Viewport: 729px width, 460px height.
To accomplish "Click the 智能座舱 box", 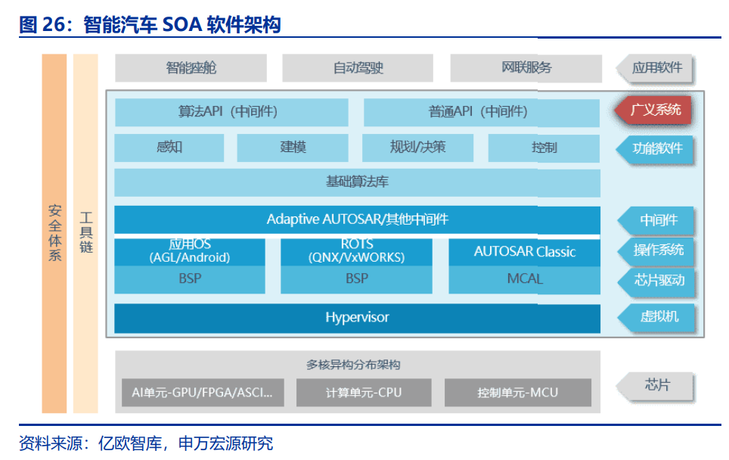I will click(x=191, y=68).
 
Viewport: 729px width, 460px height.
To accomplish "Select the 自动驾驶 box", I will click(x=358, y=68).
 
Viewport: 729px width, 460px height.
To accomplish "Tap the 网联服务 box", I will click(x=526, y=68).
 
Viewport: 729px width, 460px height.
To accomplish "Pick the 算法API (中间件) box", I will click(x=231, y=112).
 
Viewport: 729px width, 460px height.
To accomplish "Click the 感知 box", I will click(x=169, y=148).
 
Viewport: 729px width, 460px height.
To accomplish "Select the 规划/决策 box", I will click(x=417, y=148).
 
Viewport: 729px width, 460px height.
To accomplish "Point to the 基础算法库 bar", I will click(x=357, y=182).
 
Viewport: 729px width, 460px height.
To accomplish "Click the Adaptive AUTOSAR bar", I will click(x=357, y=219).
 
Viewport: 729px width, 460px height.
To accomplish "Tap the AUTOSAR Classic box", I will click(x=525, y=252).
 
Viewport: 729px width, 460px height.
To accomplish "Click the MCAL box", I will click(x=525, y=279).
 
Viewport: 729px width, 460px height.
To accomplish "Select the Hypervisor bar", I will click(x=357, y=318).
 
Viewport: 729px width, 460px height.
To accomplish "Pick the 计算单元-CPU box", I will click(x=364, y=393).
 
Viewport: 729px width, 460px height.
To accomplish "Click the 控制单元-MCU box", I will click(x=517, y=393).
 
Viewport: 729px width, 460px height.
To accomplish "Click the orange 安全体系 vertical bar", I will click(x=54, y=233).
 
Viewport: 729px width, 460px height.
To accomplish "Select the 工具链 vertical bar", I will click(x=85, y=233).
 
